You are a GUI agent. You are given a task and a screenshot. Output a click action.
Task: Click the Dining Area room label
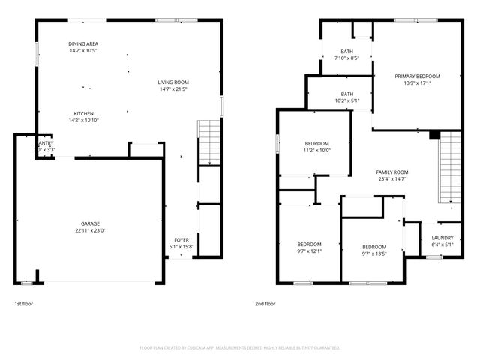pyautogui.click(x=83, y=44)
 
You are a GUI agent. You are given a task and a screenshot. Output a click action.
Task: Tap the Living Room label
pyautogui.click(x=172, y=82)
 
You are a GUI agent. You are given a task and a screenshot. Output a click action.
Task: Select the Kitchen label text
pyautogui.click(x=83, y=113)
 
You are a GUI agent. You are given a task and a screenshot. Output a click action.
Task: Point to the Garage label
pyautogui.click(x=91, y=223)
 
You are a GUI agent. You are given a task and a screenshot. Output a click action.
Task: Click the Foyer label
pyautogui.click(x=181, y=239)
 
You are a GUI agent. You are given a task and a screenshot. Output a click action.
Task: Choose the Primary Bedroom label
pyautogui.click(x=418, y=76)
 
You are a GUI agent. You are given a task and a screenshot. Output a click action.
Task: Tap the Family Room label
pyautogui.click(x=391, y=172)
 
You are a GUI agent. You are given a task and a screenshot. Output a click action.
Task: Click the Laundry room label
pyautogui.click(x=442, y=238)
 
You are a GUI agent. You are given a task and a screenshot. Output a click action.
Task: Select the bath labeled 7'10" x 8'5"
pyautogui.click(x=346, y=58)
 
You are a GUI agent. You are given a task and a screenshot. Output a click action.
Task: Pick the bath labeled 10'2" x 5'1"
pyautogui.click(x=346, y=100)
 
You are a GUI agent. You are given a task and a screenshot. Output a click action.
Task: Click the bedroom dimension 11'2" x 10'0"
pyautogui.click(x=317, y=150)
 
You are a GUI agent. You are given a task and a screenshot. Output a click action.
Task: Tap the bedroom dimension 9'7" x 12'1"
pyautogui.click(x=310, y=251)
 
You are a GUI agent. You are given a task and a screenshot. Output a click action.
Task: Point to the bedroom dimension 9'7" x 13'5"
pyautogui.click(x=374, y=253)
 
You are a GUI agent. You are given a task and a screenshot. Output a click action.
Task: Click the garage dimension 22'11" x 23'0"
pyautogui.click(x=91, y=230)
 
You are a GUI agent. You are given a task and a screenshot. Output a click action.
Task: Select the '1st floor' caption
pyautogui.click(x=24, y=304)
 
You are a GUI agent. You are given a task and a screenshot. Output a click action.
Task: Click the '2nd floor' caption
pyautogui.click(x=265, y=304)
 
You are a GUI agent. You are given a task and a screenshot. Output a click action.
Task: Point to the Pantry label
pyautogui.click(x=45, y=142)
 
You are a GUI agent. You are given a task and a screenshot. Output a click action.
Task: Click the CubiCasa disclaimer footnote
pyautogui.click(x=240, y=347)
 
